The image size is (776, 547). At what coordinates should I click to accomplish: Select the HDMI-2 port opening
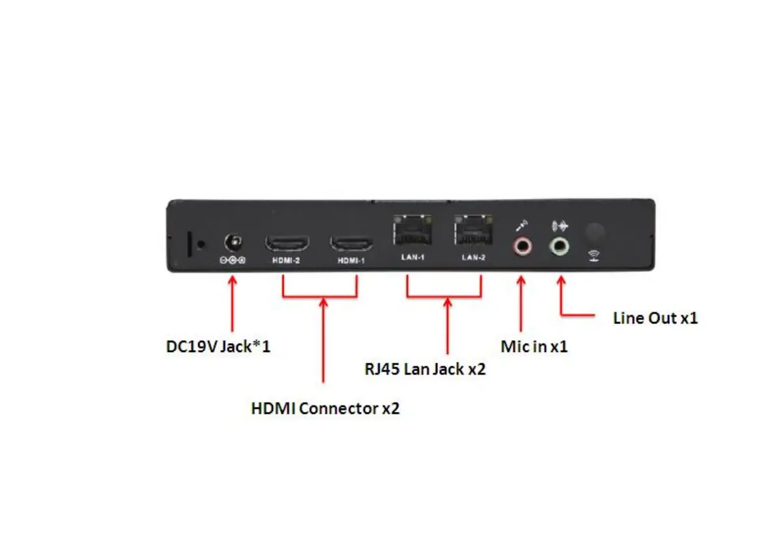287,244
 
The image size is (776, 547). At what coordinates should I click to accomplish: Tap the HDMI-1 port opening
352,244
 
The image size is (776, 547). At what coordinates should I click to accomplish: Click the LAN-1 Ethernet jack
412,230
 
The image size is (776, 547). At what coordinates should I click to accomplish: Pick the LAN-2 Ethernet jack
474,230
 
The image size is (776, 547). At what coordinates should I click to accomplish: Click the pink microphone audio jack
522,246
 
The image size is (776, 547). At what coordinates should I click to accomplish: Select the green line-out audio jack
559,246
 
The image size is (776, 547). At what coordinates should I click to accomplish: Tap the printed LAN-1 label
412,258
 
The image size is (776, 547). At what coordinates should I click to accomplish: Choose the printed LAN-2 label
474,258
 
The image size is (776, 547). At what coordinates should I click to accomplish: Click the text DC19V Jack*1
218,346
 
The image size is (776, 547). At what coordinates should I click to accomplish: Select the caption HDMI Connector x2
325,409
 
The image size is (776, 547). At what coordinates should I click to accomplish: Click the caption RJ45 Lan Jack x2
425,369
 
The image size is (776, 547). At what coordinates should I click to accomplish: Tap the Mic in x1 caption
534,346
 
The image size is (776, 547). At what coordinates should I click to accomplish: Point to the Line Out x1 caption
655,318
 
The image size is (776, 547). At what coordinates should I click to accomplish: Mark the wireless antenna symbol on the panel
594,255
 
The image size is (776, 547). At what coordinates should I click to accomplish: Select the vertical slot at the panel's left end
190,243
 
